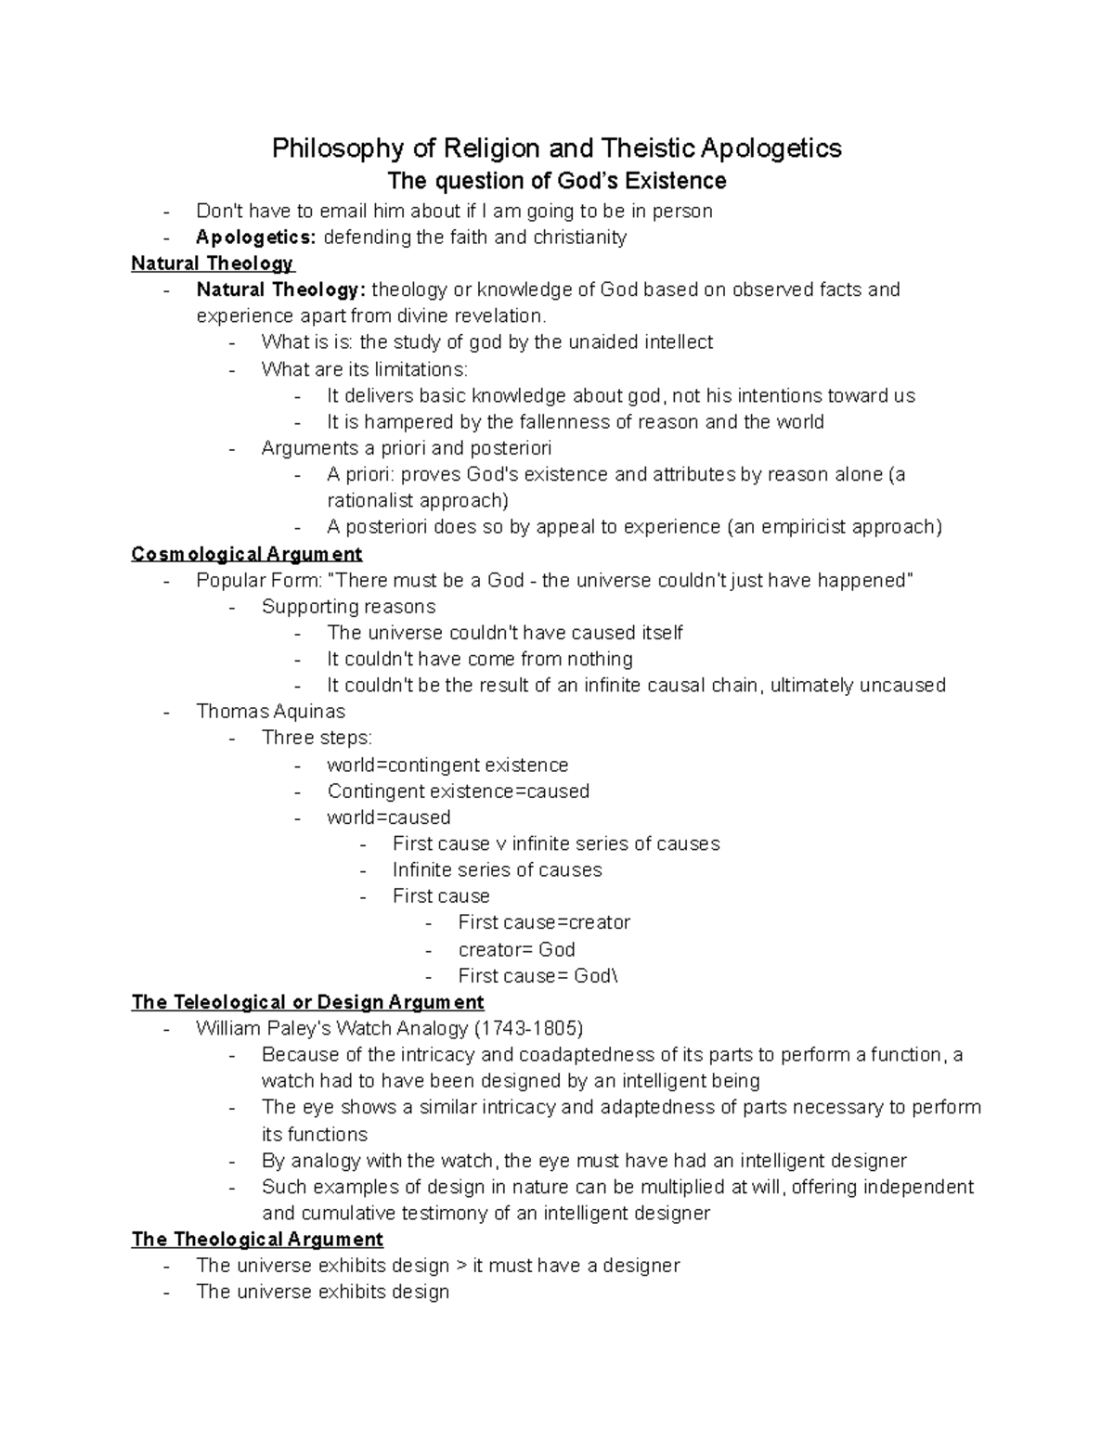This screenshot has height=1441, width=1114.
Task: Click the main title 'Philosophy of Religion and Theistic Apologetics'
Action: [x=556, y=148]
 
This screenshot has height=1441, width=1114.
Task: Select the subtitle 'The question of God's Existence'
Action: [x=556, y=180]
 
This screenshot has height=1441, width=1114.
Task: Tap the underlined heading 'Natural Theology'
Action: [x=213, y=264]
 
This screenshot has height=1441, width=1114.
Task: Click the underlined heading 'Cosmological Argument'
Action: [x=247, y=554]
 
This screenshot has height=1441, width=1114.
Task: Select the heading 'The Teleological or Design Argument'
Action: [x=308, y=1002]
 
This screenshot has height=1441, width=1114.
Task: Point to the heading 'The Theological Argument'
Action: [x=257, y=1240]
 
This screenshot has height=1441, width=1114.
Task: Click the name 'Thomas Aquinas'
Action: [x=270, y=712]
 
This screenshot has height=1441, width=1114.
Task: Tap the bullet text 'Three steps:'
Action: [x=317, y=738]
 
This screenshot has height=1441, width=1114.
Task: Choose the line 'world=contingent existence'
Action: [x=447, y=766]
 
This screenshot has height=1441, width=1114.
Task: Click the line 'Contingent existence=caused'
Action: [x=458, y=791]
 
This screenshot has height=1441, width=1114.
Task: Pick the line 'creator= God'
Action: [x=516, y=949]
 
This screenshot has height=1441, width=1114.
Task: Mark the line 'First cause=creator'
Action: [x=544, y=922]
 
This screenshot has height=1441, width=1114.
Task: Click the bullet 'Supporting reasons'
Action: [x=348, y=607]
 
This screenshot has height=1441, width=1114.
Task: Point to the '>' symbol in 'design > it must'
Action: [x=461, y=1266]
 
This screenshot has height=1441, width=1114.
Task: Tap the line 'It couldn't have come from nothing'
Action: [x=479, y=659]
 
